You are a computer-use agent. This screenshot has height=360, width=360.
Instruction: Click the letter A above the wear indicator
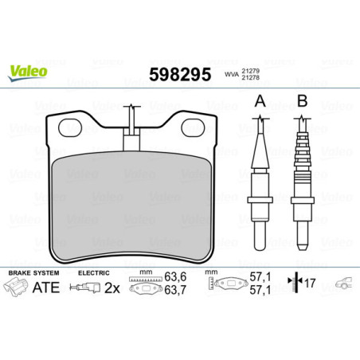pyautogui.click(x=259, y=101)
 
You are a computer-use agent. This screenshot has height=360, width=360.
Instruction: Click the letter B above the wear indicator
pyautogui.click(x=302, y=101)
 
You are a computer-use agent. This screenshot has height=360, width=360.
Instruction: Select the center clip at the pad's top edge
pyautogui.click(x=132, y=139)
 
